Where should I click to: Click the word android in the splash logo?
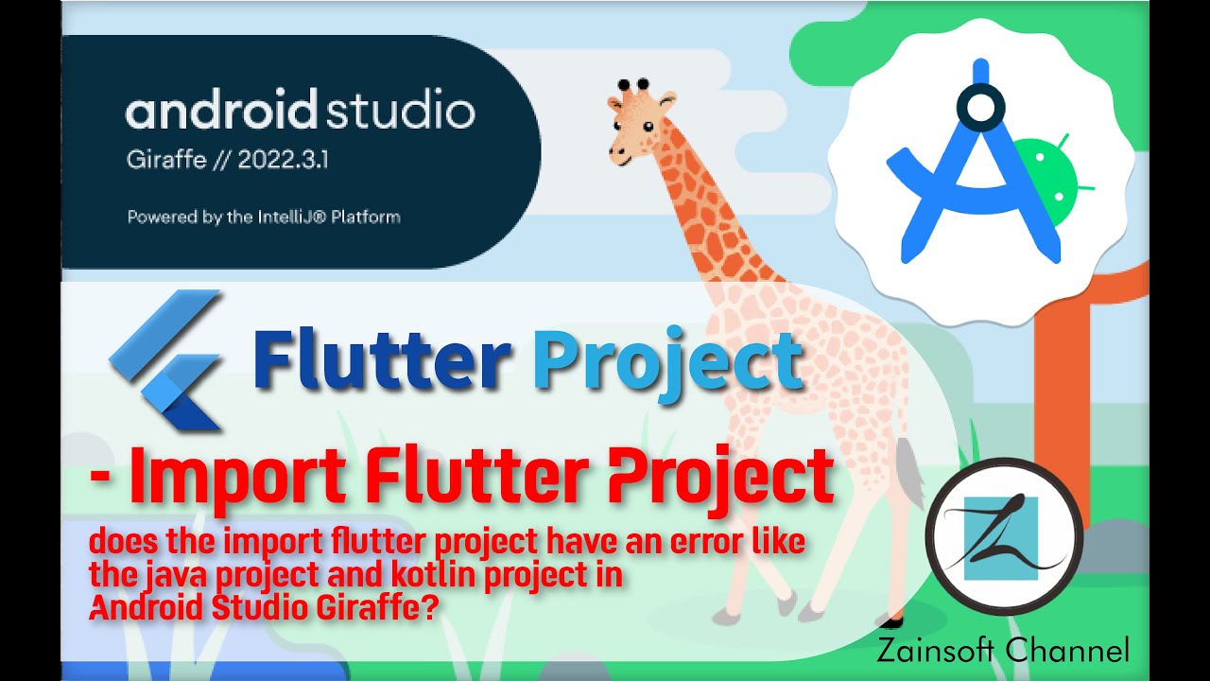click(221, 113)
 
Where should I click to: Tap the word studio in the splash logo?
click(400, 113)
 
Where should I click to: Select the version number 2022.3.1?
click(283, 160)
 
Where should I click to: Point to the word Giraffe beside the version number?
click(166, 160)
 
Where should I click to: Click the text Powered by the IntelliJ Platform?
click(264, 218)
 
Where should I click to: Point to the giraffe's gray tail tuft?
click(911, 473)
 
